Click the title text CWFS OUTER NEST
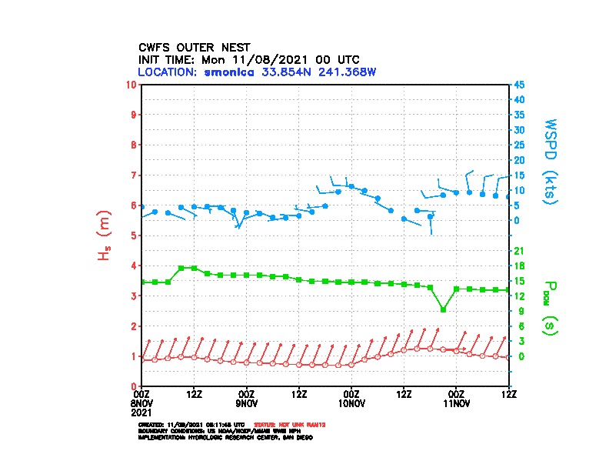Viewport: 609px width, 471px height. (194, 47)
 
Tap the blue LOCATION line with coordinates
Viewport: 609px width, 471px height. (257, 72)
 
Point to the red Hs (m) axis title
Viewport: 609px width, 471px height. (105, 235)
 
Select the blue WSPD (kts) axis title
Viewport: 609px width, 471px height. (551, 160)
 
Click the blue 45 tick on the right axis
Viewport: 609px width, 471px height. (519, 84)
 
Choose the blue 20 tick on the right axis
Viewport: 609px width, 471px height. (519, 160)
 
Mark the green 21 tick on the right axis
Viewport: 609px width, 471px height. (518, 251)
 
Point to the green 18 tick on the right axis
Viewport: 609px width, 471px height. (518, 266)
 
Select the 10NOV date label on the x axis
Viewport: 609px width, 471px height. (351, 403)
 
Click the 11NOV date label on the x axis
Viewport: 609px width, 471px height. (457, 403)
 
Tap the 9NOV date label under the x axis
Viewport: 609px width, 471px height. (247, 403)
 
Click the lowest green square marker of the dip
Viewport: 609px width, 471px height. (443, 309)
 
